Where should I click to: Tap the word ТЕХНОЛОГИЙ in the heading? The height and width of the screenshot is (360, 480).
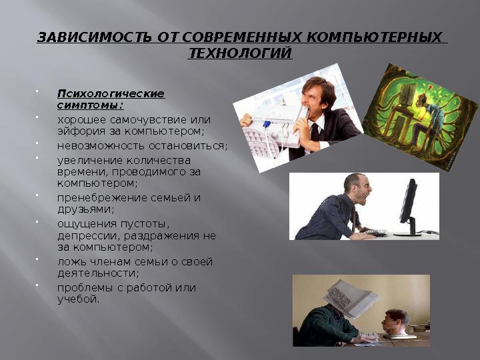[x=240, y=53]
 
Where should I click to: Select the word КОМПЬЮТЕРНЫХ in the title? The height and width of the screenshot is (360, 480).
[x=384, y=36]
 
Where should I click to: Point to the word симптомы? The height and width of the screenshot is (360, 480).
[x=89, y=105]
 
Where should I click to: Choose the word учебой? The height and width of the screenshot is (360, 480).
[x=78, y=299]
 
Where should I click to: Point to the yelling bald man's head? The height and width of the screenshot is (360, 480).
[x=353, y=187]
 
